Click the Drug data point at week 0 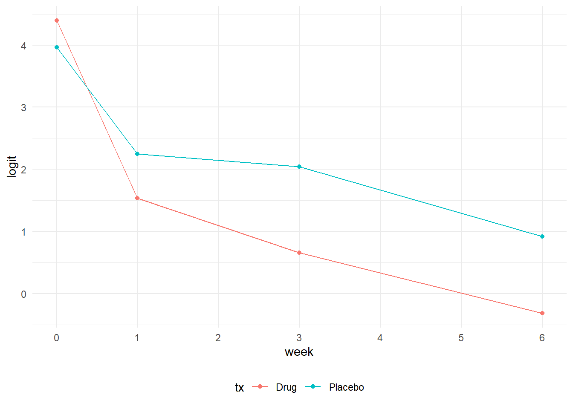pos(57,20)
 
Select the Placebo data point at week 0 pos(57,47)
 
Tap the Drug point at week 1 pos(137,198)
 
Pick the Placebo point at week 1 pos(137,154)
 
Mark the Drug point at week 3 pos(299,253)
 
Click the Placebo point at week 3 pos(299,167)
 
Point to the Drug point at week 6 pos(542,313)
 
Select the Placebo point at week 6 pos(542,236)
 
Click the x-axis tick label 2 pos(218,338)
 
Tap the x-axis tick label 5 pos(461,338)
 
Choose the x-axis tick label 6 pos(542,338)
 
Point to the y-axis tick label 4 pos(23,46)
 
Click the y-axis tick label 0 pos(23,294)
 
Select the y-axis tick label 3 pos(23,108)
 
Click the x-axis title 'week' pos(299,352)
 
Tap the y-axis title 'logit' pos(12,167)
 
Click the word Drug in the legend pos(286,387)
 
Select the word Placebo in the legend pos(346,387)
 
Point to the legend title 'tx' pos(239,388)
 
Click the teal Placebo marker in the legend pos(313,386)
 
